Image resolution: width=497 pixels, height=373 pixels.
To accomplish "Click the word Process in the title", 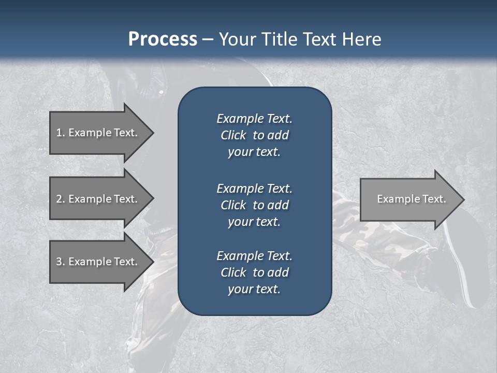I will [x=163, y=39].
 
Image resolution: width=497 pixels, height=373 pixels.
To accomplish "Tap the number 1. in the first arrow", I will [x=61, y=133].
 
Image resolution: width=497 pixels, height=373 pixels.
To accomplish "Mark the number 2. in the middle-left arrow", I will [x=61, y=199].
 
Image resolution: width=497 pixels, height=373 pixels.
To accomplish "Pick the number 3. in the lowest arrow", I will [x=61, y=262].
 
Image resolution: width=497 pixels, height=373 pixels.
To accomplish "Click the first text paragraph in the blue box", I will [x=254, y=135].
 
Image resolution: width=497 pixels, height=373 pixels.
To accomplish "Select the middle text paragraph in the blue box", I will [x=254, y=205].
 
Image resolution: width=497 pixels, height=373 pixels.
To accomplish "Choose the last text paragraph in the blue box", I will [x=254, y=272].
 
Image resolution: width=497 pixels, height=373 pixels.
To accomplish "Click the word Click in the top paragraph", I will [x=233, y=135].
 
